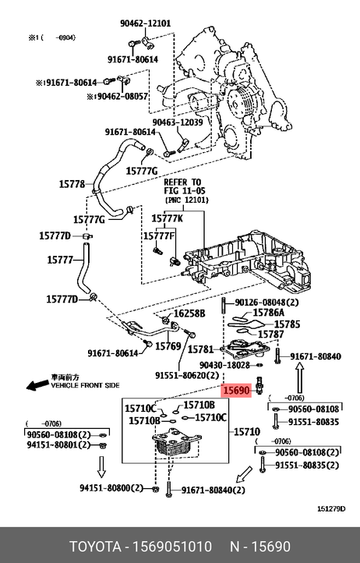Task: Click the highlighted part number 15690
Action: tap(236, 391)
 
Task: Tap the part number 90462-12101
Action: tap(146, 23)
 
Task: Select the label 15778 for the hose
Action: tap(72, 184)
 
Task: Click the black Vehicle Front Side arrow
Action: tap(37, 384)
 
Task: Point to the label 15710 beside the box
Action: tap(247, 431)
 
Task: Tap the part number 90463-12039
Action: tap(178, 122)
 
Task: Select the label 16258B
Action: tap(189, 313)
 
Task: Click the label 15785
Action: tap(287, 324)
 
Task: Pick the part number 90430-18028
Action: tap(224, 365)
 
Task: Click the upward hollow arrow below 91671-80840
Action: tap(300, 378)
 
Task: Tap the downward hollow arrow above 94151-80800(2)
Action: tap(102, 467)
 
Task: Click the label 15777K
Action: tap(167, 218)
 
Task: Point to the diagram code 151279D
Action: tap(331, 508)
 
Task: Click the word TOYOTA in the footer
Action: tap(95, 547)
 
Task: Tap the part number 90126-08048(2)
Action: tap(266, 303)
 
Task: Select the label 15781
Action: tap(200, 349)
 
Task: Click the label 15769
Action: tap(168, 346)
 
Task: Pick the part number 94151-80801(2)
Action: tap(58, 444)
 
